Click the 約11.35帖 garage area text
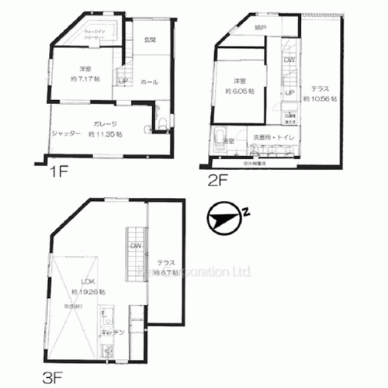[106, 133]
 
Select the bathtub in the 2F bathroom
[220, 139]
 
